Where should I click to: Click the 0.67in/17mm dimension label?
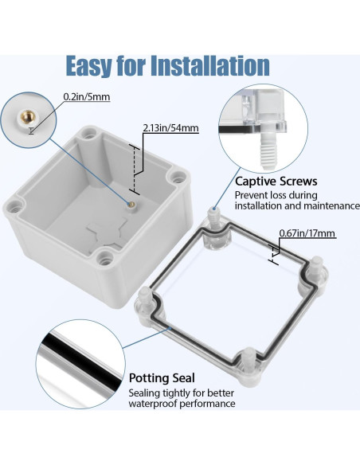(x=307, y=233)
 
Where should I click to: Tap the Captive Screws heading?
(x=276, y=181)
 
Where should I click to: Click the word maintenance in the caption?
(x=330, y=206)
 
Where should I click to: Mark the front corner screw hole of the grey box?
(x=104, y=257)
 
